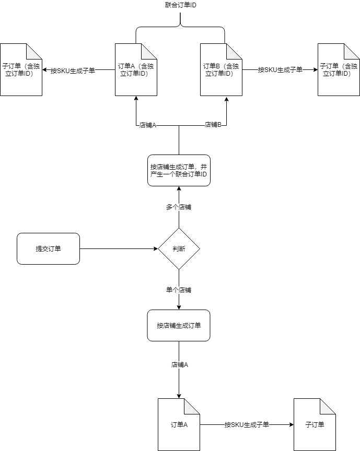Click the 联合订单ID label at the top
tap(180, 5)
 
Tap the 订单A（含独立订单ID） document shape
tap(136, 70)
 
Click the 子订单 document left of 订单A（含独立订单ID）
tap(21, 70)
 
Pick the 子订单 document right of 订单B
tap(339, 70)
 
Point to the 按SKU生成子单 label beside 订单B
tap(280, 70)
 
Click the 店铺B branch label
tap(212, 125)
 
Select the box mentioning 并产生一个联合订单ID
tap(179, 171)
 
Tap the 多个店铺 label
tap(179, 207)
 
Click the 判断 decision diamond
tap(179, 249)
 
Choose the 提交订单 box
tap(48, 249)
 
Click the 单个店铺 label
tap(179, 290)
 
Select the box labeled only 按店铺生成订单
tap(179, 326)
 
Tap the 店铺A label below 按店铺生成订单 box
tap(179, 365)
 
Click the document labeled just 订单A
tap(179, 424)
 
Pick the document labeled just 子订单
tap(315, 424)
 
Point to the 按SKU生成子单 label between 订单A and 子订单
tap(247, 425)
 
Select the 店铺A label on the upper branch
tap(148, 125)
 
